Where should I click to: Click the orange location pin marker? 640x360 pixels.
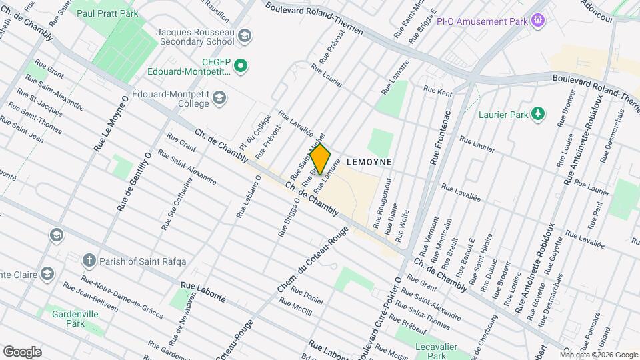point(320,159)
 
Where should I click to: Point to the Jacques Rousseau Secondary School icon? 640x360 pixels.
point(245,35)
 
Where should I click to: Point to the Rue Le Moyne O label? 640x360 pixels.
point(111,123)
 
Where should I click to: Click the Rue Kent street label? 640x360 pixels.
point(437,91)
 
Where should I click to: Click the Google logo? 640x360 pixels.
point(22,351)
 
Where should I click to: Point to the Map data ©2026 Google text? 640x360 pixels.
point(599,354)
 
